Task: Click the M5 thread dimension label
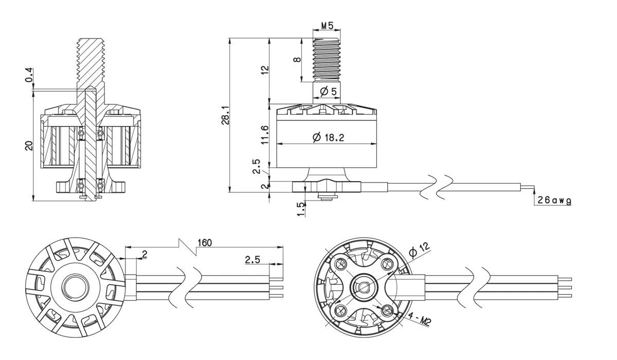point(327,26)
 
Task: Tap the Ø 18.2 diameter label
point(329,137)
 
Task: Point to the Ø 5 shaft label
point(328,91)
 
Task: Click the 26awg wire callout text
point(554,200)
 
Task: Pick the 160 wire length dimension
point(205,243)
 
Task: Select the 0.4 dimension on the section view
point(29,75)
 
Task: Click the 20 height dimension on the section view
point(29,146)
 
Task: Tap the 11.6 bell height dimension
point(265,135)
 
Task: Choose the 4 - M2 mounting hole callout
point(419,319)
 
